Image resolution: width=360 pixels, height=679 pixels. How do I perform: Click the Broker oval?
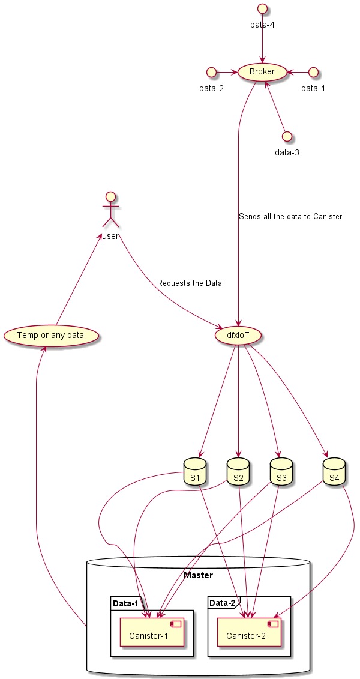(262, 72)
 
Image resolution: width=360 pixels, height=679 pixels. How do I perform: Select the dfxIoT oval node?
(238, 334)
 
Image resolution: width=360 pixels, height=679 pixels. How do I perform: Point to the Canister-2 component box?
(248, 629)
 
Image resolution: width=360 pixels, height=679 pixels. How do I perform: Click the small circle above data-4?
(262, 9)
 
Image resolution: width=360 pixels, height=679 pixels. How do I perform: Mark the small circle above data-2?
(211, 72)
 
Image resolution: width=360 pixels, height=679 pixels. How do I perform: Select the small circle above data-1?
(313, 72)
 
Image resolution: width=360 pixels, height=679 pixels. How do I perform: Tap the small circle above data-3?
(287, 136)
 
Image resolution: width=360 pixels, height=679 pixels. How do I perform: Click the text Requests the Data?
(189, 283)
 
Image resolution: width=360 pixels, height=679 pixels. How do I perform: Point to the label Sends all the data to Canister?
(290, 216)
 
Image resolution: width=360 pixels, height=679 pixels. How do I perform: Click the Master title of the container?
(198, 575)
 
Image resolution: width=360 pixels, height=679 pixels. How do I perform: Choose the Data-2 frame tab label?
(223, 602)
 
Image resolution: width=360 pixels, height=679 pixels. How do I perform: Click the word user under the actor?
(110, 236)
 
